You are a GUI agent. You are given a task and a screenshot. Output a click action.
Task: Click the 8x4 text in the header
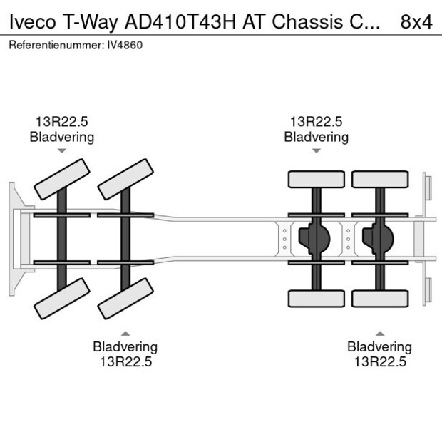click(x=416, y=21)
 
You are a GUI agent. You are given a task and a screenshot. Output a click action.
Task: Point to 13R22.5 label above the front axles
click(x=61, y=122)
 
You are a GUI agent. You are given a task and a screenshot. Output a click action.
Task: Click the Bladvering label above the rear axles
click(x=316, y=137)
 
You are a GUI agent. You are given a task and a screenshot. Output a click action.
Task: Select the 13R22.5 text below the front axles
click(x=125, y=361)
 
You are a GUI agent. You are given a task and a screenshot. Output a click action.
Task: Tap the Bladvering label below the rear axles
click(x=379, y=346)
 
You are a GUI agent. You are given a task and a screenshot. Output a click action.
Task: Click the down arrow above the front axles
click(x=62, y=150)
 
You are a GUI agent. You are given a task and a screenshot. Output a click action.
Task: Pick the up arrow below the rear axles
click(x=380, y=332)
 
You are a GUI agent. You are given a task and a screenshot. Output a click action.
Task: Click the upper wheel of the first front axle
click(x=62, y=179)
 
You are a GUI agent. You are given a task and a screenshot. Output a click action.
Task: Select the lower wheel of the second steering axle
click(x=126, y=298)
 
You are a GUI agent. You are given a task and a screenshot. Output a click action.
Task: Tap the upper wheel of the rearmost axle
click(x=379, y=179)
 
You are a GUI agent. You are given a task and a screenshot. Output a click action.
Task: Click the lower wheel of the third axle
click(x=316, y=299)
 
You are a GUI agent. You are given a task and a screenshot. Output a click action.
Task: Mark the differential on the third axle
click(x=314, y=239)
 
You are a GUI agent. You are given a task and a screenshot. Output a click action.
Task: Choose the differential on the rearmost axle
click(x=378, y=239)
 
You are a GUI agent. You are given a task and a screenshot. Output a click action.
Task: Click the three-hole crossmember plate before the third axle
click(x=284, y=239)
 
